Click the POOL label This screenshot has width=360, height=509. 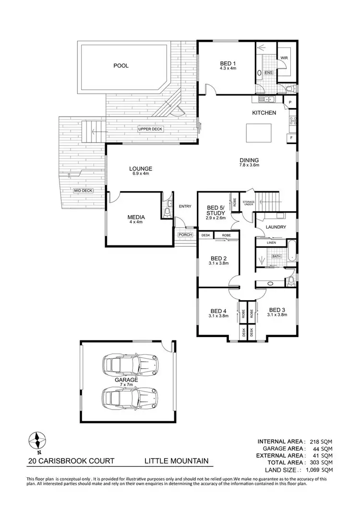tap(121, 66)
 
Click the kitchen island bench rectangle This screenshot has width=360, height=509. tap(258, 133)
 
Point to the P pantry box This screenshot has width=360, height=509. tap(290, 102)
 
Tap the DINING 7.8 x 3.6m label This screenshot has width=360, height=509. tap(249, 162)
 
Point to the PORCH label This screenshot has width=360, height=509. tap(185, 235)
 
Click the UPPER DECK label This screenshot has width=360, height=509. tap(150, 129)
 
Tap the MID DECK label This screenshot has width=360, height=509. tap(83, 191)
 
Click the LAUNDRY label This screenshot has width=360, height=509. tap(276, 227)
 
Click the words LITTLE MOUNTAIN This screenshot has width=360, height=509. tap(177, 461)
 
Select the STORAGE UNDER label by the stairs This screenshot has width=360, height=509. tap(248, 203)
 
